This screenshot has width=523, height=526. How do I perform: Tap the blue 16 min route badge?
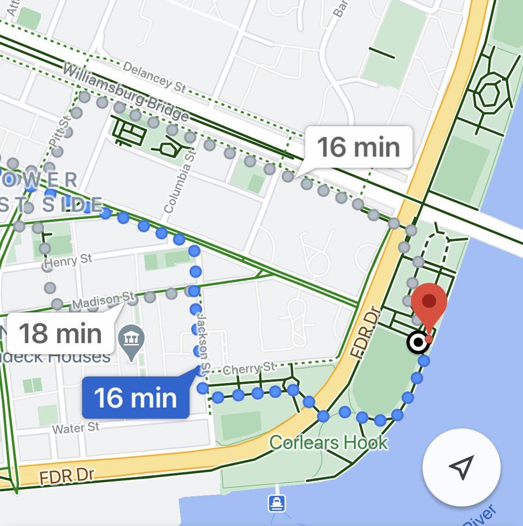(x=136, y=398)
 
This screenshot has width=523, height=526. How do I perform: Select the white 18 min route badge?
(x=60, y=334)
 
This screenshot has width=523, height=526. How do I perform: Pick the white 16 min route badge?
(x=359, y=147)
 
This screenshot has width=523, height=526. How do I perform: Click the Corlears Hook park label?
(x=328, y=442)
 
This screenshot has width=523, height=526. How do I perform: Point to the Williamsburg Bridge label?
(x=126, y=92)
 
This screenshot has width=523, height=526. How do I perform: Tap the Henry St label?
(x=68, y=262)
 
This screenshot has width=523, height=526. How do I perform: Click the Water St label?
(x=75, y=428)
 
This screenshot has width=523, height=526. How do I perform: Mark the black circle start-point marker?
(x=417, y=343)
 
